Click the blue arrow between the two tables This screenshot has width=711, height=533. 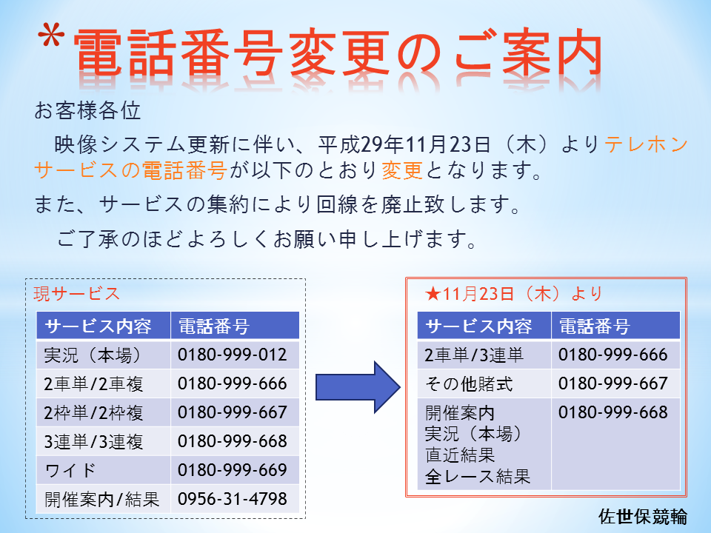(x=358, y=387)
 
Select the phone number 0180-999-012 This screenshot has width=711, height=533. (x=232, y=355)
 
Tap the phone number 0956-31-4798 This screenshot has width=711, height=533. (x=232, y=499)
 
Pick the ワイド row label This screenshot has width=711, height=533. (x=70, y=471)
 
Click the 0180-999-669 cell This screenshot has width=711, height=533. (x=232, y=470)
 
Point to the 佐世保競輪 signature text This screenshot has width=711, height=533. (x=643, y=516)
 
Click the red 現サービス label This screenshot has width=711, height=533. (x=76, y=294)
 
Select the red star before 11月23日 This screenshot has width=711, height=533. (x=433, y=294)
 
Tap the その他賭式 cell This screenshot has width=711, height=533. (x=469, y=384)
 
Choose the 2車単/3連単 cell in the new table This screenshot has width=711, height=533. (x=474, y=355)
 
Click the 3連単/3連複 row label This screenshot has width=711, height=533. (x=93, y=441)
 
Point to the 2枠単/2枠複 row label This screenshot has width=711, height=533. (x=93, y=413)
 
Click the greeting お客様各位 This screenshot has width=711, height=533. (x=87, y=110)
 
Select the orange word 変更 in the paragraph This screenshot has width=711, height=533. (x=402, y=171)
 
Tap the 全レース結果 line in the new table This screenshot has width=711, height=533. (x=478, y=476)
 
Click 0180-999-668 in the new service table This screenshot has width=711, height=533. (x=613, y=412)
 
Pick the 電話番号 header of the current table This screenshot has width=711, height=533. (x=214, y=326)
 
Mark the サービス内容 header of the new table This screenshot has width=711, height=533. (x=478, y=326)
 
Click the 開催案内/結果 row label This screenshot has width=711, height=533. (x=102, y=500)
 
